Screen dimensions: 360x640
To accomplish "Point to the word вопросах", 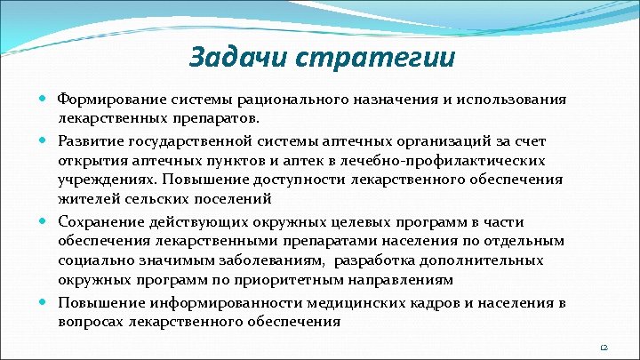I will click(92, 322).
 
